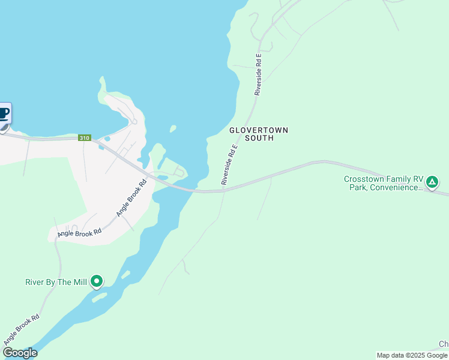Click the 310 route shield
(x=84, y=138)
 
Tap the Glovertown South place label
(x=259, y=134)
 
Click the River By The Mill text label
(x=56, y=282)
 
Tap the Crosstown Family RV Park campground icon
(x=432, y=181)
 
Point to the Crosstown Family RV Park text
(x=384, y=183)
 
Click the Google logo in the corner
(x=20, y=353)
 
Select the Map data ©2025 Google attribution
(x=412, y=355)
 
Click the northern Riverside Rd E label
(x=258, y=75)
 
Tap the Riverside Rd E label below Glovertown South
(x=230, y=164)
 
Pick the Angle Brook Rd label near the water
(x=131, y=199)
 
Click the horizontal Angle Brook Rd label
(x=79, y=232)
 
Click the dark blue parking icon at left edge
(x=4, y=114)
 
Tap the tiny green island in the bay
(x=173, y=128)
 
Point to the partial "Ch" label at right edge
(x=444, y=344)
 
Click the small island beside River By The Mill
(x=100, y=296)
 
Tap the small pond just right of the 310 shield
(x=107, y=139)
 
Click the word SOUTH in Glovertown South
(x=259, y=138)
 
